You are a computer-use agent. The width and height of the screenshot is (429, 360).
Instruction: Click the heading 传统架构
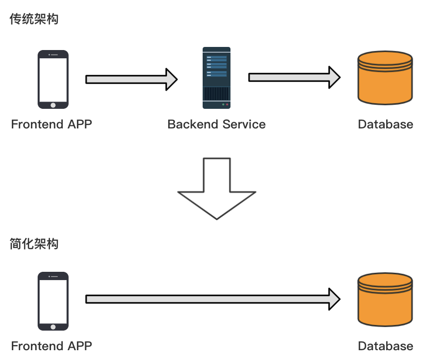coord(34,20)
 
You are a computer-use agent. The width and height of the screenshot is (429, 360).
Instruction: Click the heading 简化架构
coord(34,244)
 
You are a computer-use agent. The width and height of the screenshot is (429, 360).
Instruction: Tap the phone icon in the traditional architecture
coord(53,79)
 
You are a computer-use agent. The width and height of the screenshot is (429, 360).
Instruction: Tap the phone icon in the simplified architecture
coord(53,301)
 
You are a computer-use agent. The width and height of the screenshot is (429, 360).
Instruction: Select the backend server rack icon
coord(216,77)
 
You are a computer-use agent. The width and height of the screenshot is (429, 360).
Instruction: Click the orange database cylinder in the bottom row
coord(385,301)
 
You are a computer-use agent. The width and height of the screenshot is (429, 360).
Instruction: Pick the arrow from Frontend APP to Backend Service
coord(131,79)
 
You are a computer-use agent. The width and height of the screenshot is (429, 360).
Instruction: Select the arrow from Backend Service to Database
coord(294,77)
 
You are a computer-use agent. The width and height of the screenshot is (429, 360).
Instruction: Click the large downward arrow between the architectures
coord(217,188)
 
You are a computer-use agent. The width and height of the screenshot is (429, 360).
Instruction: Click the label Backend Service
coord(217,124)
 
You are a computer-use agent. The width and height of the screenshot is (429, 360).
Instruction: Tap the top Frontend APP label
coord(52,124)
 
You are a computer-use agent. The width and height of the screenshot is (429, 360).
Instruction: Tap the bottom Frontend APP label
coord(52,346)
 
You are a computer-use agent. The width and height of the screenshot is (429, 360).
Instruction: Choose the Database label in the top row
coord(386,124)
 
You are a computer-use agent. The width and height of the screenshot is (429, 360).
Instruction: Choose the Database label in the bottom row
coord(386,346)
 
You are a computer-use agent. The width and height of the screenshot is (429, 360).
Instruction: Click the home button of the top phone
coord(53,105)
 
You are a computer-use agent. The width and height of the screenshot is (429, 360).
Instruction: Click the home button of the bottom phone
coord(53,326)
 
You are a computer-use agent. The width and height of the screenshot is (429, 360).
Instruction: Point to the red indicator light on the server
coord(227,105)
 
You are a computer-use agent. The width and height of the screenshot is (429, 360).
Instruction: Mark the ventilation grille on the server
coord(216,94)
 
